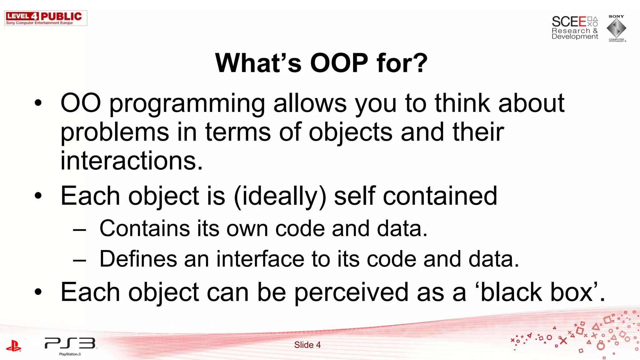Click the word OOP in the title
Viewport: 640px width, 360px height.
click(339, 63)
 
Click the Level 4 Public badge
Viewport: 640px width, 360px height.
click(46, 18)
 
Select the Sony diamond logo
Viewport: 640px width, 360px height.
click(616, 28)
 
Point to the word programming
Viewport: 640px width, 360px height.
click(187, 104)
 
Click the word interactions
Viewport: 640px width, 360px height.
click(131, 161)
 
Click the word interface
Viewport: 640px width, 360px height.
click(260, 259)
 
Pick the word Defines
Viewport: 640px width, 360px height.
click(138, 259)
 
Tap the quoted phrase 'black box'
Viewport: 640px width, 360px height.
click(536, 292)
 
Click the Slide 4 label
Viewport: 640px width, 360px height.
click(307, 345)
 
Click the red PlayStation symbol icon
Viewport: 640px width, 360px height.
click(14, 346)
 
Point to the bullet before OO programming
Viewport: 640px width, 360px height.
click(38, 103)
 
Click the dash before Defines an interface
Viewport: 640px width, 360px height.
click(79, 260)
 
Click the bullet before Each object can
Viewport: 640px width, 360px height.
click(38, 292)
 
